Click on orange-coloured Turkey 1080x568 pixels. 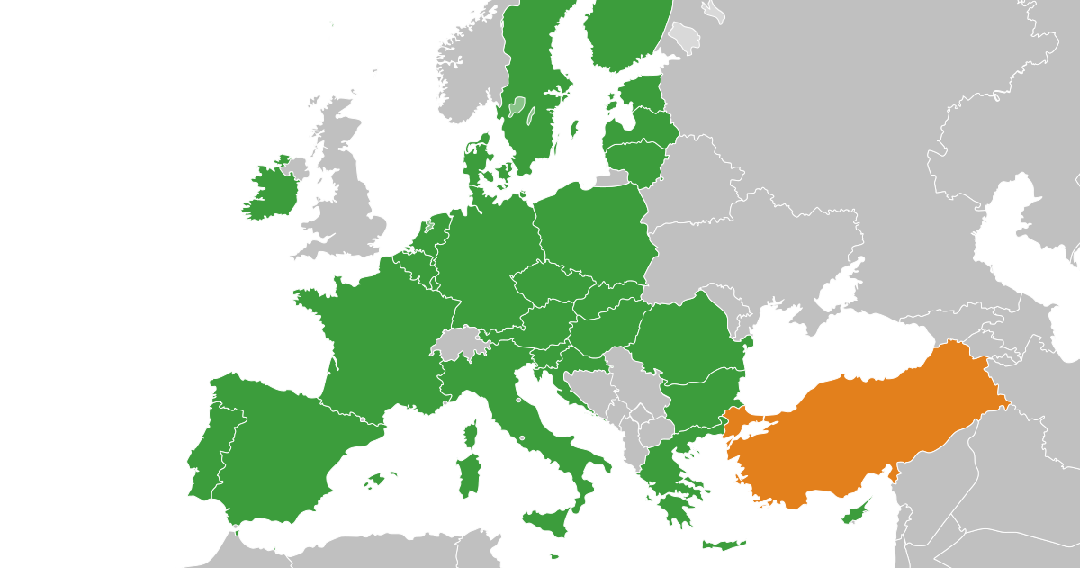click(x=864, y=423)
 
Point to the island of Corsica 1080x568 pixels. click(x=469, y=435)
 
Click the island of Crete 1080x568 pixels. click(x=724, y=545)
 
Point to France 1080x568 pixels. click(x=378, y=342)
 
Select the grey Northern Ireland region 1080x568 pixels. click(x=294, y=168)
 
